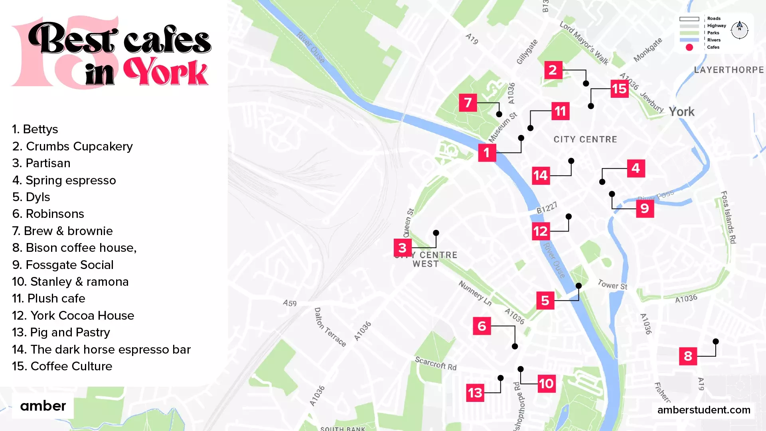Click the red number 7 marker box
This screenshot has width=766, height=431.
click(x=468, y=103)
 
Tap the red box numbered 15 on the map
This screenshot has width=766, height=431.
click(x=620, y=89)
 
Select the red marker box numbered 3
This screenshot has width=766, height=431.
click(x=403, y=248)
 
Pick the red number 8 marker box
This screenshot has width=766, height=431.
click(x=688, y=356)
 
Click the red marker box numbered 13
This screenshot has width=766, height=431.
click(x=475, y=393)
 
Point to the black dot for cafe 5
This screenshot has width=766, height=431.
click(x=578, y=286)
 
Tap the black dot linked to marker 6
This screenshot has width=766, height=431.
click(x=515, y=346)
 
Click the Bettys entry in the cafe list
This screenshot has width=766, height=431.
click(x=35, y=129)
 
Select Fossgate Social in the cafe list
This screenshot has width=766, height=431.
click(x=63, y=265)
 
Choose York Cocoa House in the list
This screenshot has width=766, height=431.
click(x=73, y=316)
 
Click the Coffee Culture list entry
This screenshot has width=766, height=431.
click(x=62, y=366)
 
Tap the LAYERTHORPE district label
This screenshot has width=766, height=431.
click(x=729, y=70)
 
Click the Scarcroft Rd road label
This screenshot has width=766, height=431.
click(x=436, y=364)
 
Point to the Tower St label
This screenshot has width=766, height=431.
click(x=612, y=285)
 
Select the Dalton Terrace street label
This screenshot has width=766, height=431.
click(x=330, y=327)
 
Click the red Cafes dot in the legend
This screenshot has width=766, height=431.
click(x=689, y=47)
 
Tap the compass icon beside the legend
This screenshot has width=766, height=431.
click(x=739, y=30)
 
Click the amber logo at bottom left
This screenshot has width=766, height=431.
click(x=43, y=406)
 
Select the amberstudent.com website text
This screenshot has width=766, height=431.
click(x=704, y=410)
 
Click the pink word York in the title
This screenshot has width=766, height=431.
click(x=166, y=72)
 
